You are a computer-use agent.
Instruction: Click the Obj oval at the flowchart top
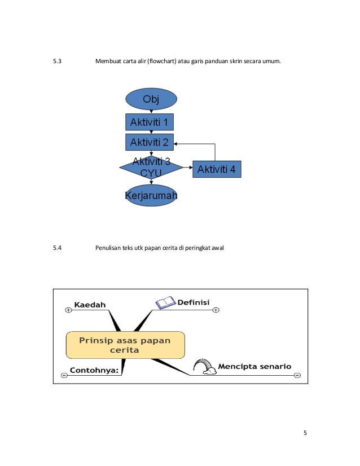(151, 99)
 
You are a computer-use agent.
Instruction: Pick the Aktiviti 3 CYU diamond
(151, 168)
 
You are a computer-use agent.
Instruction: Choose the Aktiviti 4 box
(217, 168)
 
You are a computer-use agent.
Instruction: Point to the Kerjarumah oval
(151, 195)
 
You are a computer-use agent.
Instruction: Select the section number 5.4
(56, 247)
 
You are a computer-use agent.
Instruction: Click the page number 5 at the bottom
(305, 433)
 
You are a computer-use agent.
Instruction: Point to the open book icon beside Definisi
(165, 303)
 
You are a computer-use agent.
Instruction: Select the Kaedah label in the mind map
(90, 305)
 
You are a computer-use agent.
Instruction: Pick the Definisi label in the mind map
(194, 303)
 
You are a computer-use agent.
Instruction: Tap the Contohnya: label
(94, 371)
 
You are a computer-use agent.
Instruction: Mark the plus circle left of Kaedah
(68, 310)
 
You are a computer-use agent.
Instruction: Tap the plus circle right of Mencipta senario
(297, 375)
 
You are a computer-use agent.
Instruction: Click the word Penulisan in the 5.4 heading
(109, 247)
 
